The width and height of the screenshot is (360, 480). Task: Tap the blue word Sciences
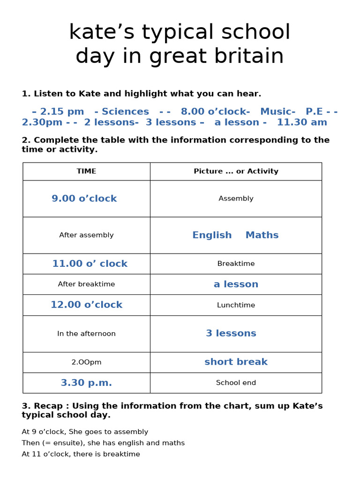coord(125,112)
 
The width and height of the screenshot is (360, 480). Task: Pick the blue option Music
coord(277,112)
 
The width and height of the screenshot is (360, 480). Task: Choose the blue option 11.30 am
coord(302,122)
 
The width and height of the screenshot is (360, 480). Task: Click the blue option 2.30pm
coord(42,122)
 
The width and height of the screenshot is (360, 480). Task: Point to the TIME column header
coord(86,171)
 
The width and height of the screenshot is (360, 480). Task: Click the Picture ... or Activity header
coord(236,171)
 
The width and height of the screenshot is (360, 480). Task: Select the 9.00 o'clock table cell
coord(84,198)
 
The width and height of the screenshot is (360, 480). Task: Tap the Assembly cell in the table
coord(236,198)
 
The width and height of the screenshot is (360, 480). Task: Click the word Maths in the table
coord(262,235)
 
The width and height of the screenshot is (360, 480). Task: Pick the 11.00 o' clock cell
coord(90,263)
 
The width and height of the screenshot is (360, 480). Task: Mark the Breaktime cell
coord(236,263)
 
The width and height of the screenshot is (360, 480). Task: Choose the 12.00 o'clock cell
coord(86,305)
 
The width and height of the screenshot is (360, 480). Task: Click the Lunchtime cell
coord(236,305)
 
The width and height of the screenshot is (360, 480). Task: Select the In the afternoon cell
coord(86,334)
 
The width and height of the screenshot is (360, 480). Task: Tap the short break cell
coord(236,362)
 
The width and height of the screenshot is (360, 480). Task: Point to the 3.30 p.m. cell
coord(86,382)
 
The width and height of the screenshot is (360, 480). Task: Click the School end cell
coord(236,382)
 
